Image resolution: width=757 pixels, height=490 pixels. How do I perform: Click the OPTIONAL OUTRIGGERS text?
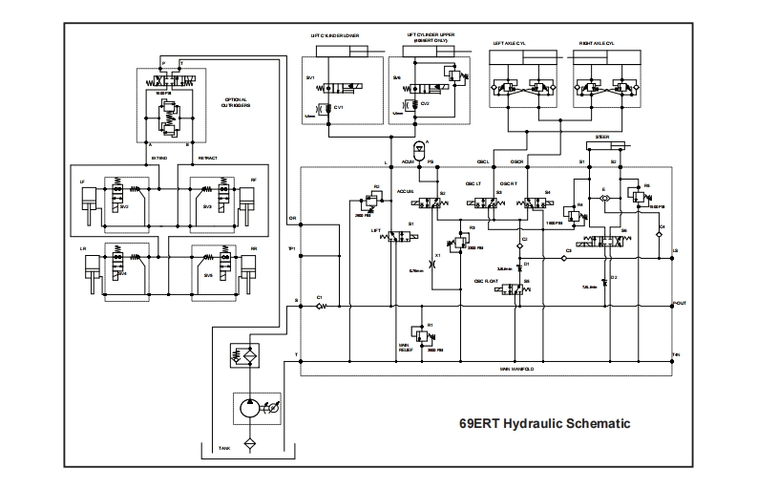click(x=236, y=102)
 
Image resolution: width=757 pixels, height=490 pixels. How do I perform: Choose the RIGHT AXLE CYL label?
click(x=599, y=43)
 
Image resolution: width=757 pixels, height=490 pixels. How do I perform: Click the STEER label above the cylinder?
click(x=602, y=137)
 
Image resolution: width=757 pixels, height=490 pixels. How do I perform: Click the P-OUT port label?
click(x=680, y=304)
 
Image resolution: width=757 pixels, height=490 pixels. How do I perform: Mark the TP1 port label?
click(x=293, y=249)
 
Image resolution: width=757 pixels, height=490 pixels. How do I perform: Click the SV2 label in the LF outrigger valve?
click(x=125, y=204)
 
